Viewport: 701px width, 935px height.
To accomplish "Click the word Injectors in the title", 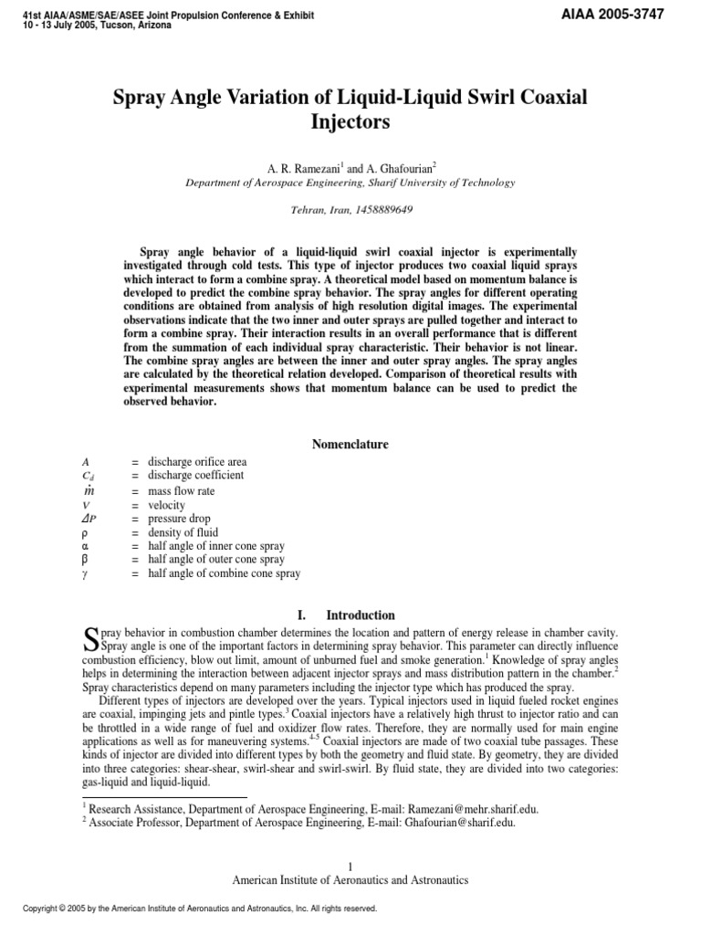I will (x=350, y=121).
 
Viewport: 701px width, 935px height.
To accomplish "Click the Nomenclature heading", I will (x=350, y=445).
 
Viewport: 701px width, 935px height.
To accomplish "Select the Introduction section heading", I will (x=361, y=615).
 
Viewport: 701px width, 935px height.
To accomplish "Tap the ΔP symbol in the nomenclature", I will (x=89, y=519).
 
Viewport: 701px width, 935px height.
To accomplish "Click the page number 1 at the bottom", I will (x=350, y=866).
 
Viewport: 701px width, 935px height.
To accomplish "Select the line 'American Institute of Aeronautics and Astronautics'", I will (x=350, y=880).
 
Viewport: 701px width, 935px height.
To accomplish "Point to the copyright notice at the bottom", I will (x=192, y=909).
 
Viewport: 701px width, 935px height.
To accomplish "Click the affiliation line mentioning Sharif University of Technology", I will (x=350, y=183).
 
